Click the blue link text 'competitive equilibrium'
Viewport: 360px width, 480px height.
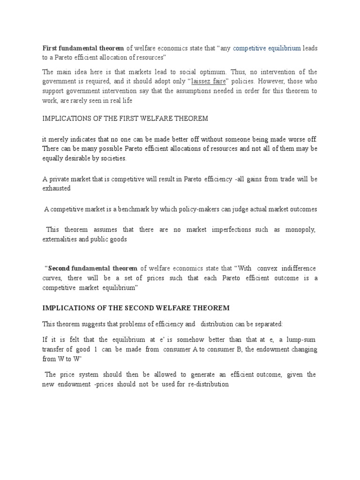coord(267,48)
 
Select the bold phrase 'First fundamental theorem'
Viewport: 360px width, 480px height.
coord(83,48)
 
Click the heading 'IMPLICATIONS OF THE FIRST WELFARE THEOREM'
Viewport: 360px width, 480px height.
coord(125,119)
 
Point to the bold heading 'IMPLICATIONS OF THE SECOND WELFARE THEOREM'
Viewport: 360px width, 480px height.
coord(136,307)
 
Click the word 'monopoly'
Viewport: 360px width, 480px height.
coord(300,230)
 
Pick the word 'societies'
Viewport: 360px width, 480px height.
coord(112,158)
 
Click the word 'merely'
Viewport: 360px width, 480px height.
coord(59,139)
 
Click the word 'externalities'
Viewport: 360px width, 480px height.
coord(60,239)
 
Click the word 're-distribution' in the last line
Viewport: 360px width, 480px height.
coord(206,384)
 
